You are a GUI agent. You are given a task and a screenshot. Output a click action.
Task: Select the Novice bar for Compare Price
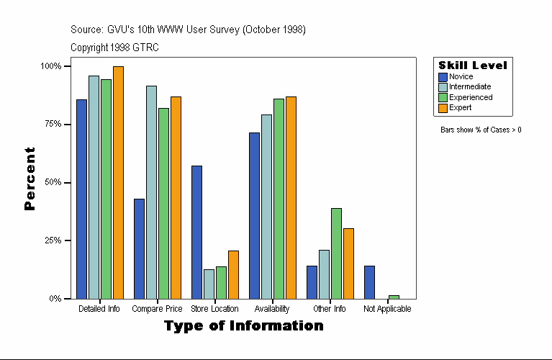click(x=139, y=248)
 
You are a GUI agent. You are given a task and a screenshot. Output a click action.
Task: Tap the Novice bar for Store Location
click(x=196, y=232)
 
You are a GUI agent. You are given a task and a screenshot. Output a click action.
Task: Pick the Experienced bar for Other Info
click(x=336, y=253)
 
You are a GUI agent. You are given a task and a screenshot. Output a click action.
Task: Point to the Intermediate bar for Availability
click(x=266, y=207)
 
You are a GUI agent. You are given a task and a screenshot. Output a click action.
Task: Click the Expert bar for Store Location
click(x=233, y=274)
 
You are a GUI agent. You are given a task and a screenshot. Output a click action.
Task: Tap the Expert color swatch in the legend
click(x=443, y=108)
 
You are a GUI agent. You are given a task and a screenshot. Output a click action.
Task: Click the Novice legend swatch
click(x=443, y=76)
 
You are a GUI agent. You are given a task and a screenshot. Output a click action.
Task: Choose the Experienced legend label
click(x=471, y=97)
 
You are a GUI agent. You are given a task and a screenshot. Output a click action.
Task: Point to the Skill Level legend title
click(x=473, y=65)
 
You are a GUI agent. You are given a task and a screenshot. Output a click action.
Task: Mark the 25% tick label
click(x=50, y=240)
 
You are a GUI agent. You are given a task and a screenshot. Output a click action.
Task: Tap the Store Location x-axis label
click(x=214, y=309)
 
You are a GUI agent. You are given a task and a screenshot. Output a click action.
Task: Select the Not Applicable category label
click(x=387, y=309)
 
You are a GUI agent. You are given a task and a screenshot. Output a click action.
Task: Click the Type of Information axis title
click(x=244, y=326)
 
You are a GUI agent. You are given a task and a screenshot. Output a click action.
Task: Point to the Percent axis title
click(x=30, y=179)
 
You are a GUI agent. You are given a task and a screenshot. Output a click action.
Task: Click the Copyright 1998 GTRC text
click(x=114, y=48)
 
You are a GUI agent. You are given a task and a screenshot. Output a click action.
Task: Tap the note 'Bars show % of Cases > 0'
click(x=481, y=130)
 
